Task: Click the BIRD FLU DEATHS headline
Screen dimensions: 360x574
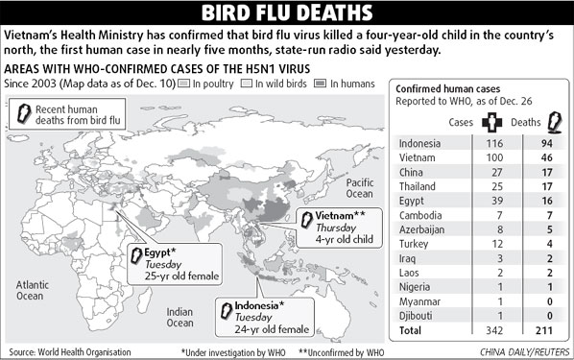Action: pos(287,13)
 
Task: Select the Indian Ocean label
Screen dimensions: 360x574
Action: pos(179,318)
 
